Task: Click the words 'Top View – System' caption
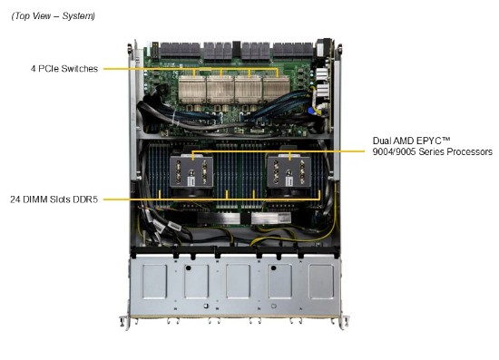[53, 15]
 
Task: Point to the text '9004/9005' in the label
[393, 152]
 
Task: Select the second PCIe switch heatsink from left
[219, 88]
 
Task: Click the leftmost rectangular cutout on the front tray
[154, 281]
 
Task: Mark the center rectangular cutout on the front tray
[239, 281]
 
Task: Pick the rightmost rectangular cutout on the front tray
[322, 281]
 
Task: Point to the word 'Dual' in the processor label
[382, 141]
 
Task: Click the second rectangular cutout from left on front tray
[196, 281]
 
